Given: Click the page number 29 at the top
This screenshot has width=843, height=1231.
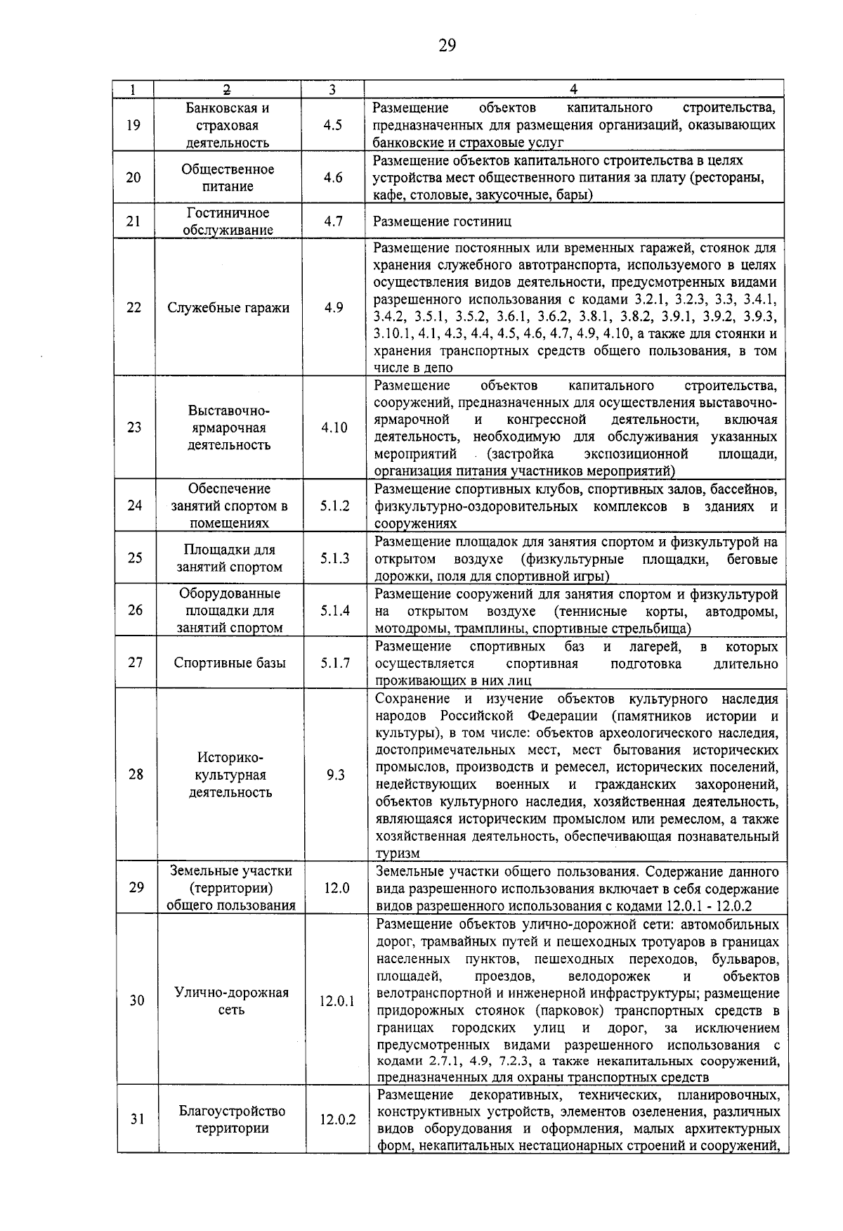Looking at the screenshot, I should click(447, 46).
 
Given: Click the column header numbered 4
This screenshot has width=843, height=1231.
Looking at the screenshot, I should click(573, 89).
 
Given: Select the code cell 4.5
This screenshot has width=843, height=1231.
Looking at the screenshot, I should click(333, 125).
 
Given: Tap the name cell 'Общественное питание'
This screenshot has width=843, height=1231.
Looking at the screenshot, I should click(228, 178).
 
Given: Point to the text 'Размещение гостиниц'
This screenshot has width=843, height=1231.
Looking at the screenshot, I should click(443, 221).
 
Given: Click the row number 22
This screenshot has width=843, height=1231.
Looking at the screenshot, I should click(133, 307).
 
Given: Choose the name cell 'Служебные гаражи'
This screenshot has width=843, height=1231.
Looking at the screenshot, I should click(228, 307).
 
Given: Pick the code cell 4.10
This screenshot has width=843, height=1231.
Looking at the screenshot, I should click(334, 427).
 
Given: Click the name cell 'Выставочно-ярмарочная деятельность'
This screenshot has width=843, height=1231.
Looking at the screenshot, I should click(228, 427).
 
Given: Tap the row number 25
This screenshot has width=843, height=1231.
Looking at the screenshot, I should click(135, 558).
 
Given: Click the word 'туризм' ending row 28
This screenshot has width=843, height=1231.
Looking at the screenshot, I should click(398, 853).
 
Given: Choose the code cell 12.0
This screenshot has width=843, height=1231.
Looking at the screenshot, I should click(336, 888).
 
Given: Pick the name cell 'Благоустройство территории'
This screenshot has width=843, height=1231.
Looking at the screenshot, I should click(232, 1120).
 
